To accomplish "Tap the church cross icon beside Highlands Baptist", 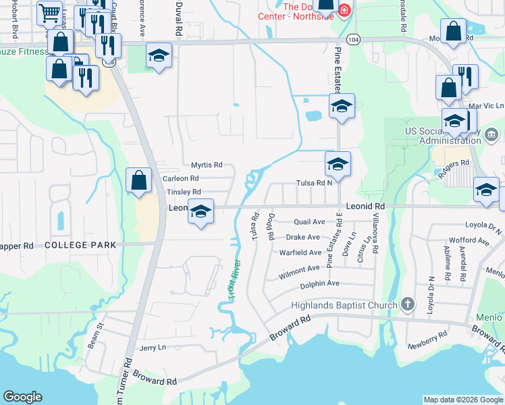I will [x=408, y=304].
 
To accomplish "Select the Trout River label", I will [x=234, y=279].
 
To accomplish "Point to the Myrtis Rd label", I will [x=207, y=165].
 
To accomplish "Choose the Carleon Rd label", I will [x=181, y=178].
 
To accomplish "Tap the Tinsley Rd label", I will [x=184, y=192].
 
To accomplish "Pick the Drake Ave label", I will [x=302, y=238].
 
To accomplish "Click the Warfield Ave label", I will [x=301, y=252].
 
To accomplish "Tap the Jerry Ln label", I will [x=152, y=348].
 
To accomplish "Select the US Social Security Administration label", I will [x=459, y=136].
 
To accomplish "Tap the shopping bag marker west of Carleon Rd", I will [x=139, y=180].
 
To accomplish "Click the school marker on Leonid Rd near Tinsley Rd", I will [x=201, y=212].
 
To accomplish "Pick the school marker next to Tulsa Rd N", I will [x=338, y=164].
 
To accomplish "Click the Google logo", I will [x=22, y=397].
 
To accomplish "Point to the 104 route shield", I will [x=355, y=40].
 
